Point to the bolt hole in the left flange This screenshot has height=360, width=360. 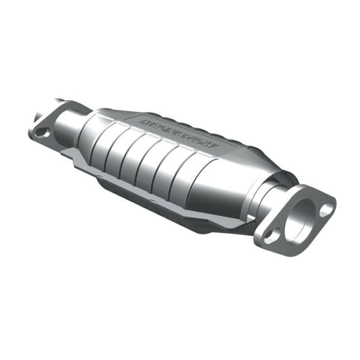pyautogui.click(x=41, y=133)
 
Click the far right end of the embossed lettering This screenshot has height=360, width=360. pyautogui.click(x=219, y=146)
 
